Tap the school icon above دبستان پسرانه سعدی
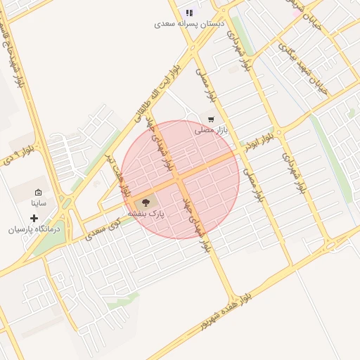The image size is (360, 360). point(188,13)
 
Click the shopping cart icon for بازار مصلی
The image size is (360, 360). point(211,120)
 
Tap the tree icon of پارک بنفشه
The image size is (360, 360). point(146,202)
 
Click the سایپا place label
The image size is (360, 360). point(38,203)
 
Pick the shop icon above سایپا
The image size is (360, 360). point(38,192)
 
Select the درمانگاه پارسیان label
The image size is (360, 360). point(34,229)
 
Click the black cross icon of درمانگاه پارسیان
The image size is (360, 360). point(34,218)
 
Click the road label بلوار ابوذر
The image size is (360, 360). point(258,140)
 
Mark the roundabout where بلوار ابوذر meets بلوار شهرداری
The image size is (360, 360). point(278,131)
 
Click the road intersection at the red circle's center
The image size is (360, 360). point(180,179)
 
